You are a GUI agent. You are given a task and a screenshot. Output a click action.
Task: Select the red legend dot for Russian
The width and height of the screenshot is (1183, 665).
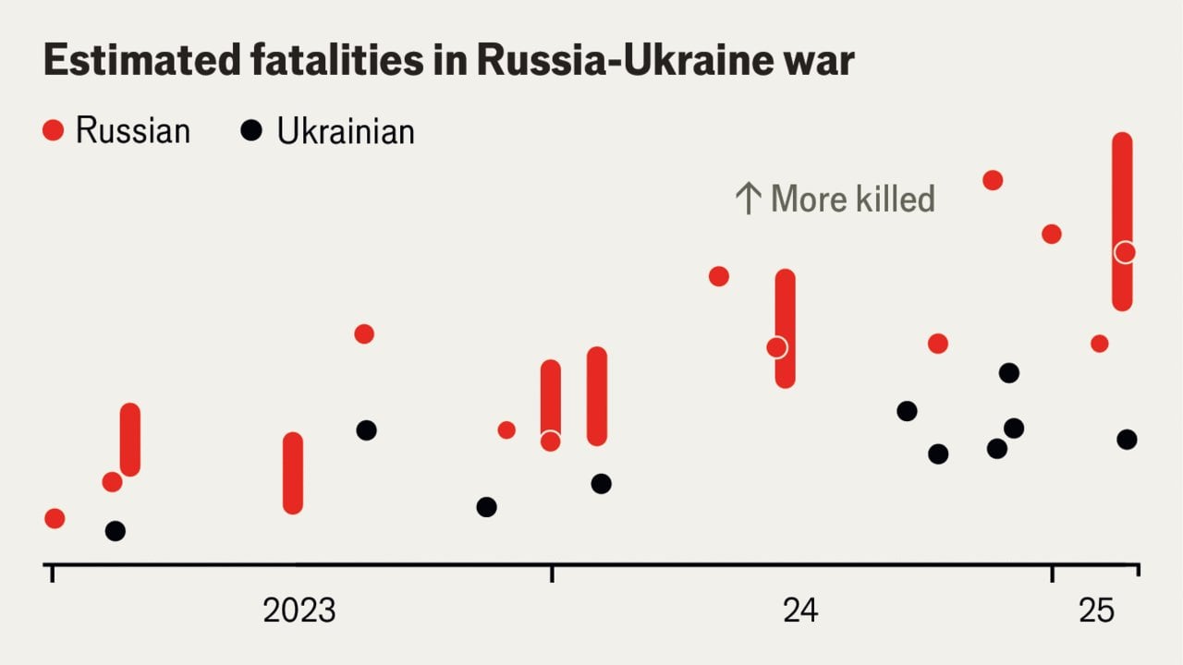(x=54, y=131)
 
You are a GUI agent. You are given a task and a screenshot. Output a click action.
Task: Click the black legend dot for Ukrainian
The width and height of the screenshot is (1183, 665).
(x=250, y=131)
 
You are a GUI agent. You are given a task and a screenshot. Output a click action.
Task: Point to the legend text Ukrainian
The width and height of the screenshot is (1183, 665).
(x=346, y=131)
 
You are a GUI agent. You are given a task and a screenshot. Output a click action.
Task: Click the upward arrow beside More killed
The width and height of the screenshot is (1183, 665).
(x=747, y=199)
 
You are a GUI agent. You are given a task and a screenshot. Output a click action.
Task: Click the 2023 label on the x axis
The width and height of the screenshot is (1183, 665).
(x=299, y=611)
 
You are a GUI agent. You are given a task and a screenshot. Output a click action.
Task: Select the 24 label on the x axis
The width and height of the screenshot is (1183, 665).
(x=800, y=611)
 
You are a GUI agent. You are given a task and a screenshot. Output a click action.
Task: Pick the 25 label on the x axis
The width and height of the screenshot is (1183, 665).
(x=1097, y=611)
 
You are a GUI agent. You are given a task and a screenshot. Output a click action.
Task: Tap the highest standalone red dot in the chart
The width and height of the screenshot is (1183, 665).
(x=993, y=180)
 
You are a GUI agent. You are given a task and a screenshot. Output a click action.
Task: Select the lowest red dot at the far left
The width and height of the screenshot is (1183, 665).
(x=55, y=518)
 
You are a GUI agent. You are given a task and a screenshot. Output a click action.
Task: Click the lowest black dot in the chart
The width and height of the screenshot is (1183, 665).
(x=115, y=531)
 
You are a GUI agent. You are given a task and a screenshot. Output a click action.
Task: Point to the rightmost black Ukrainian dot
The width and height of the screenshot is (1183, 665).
(x=1127, y=440)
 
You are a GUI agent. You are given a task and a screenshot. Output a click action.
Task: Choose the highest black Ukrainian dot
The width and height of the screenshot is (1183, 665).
(x=1009, y=373)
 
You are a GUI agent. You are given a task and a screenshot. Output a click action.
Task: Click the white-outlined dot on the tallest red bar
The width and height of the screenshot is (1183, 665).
(x=1124, y=252)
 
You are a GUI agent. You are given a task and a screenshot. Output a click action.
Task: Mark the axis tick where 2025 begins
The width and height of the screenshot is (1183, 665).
(x=1052, y=574)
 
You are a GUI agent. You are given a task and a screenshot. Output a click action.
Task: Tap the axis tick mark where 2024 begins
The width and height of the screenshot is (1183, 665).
(x=552, y=574)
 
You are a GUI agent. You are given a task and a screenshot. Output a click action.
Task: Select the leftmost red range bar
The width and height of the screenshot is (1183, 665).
(x=130, y=440)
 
